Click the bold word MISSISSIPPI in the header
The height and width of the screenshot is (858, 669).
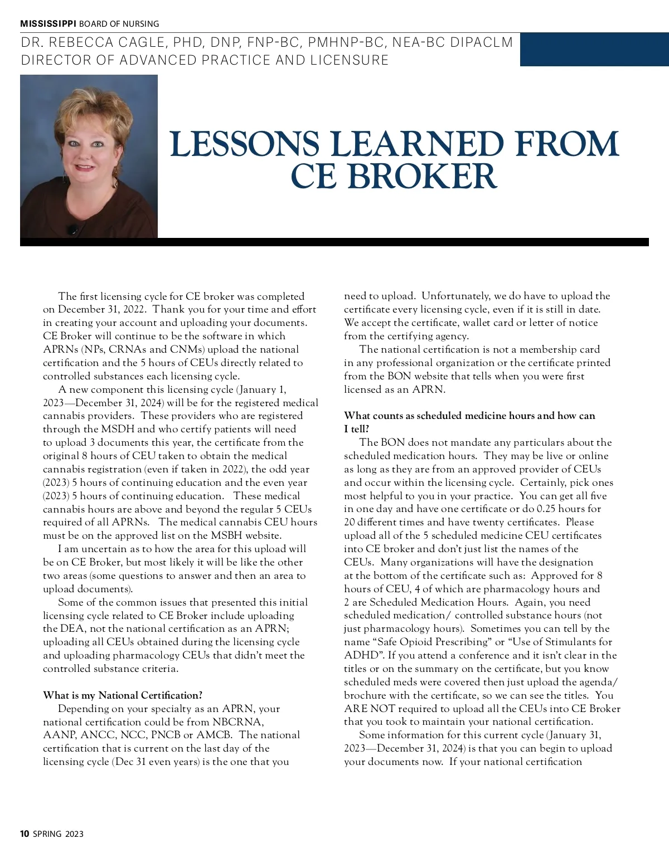pos(48,24)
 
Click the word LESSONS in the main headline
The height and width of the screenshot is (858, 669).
pos(244,144)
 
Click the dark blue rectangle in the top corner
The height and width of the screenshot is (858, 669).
pos(594,50)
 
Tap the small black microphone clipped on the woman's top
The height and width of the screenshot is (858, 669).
pos(72,229)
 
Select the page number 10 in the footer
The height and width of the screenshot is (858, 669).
pos(25,834)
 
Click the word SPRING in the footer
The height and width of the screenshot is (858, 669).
pos(47,834)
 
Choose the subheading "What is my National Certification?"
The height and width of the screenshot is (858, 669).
pos(123,695)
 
